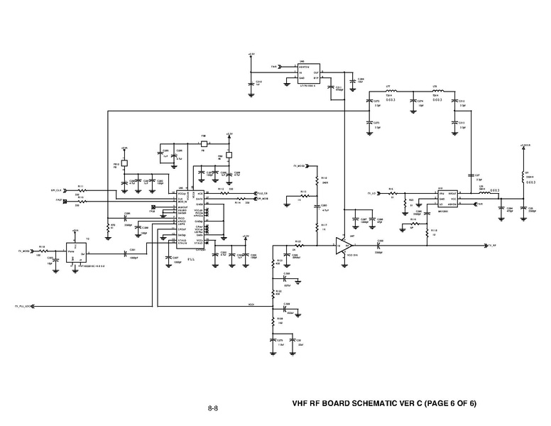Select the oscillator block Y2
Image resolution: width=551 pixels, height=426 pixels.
tap(76, 253)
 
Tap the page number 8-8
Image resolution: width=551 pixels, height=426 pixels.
tap(212, 408)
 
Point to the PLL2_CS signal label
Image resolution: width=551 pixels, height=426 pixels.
tap(261, 192)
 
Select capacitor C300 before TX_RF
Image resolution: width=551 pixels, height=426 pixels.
tap(379, 245)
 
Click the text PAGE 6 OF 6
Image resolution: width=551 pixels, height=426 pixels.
tap(450, 404)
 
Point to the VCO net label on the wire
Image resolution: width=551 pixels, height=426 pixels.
tap(251, 306)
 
